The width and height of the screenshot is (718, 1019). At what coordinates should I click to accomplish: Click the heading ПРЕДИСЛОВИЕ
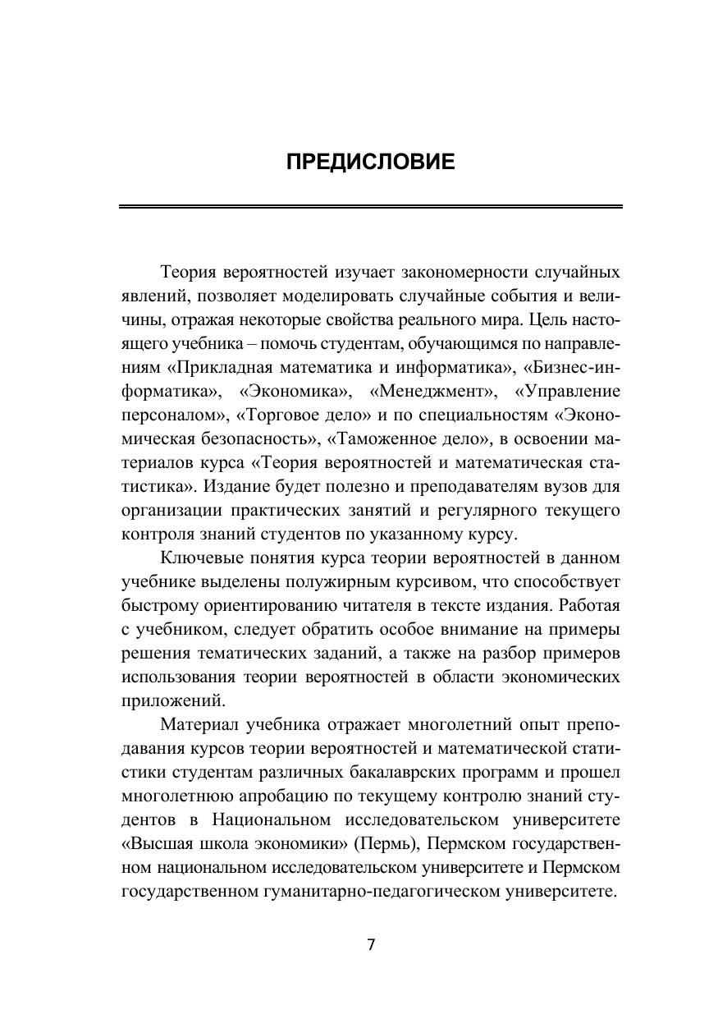click(x=370, y=162)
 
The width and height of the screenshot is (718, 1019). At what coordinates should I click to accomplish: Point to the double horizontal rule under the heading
click(x=370, y=206)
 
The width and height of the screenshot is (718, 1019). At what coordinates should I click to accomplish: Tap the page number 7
click(x=371, y=944)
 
